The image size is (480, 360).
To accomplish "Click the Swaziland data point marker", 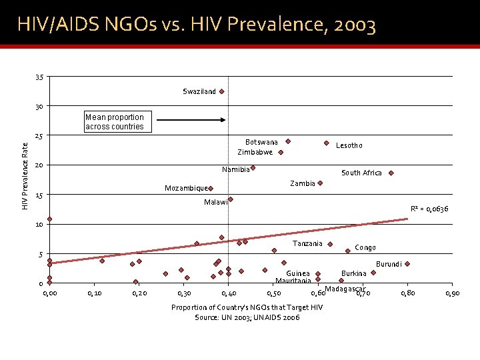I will coord(221,91).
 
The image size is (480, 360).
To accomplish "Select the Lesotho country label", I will coord(349,145).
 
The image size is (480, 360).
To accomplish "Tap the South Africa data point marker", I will coord(391,173).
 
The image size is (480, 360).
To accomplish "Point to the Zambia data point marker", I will coord(320,183).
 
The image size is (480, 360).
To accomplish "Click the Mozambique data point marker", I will coord(210,189).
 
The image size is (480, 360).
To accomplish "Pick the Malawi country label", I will coord(216,202).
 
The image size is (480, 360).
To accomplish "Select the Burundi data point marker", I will coord(407,264).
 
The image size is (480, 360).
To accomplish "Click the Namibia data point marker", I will coord(253,168).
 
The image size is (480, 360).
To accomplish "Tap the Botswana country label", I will coord(261,142).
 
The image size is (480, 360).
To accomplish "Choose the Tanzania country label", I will coord(307,243).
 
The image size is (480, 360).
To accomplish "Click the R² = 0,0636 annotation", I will coord(429,209).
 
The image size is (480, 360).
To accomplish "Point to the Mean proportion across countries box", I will coord(115,121).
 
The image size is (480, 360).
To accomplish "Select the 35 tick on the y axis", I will coord(39,77).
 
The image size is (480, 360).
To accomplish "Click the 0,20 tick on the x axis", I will coord(139,293).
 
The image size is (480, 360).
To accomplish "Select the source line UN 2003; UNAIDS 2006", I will coord(247,317).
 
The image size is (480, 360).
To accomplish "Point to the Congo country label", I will coord(365,248).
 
